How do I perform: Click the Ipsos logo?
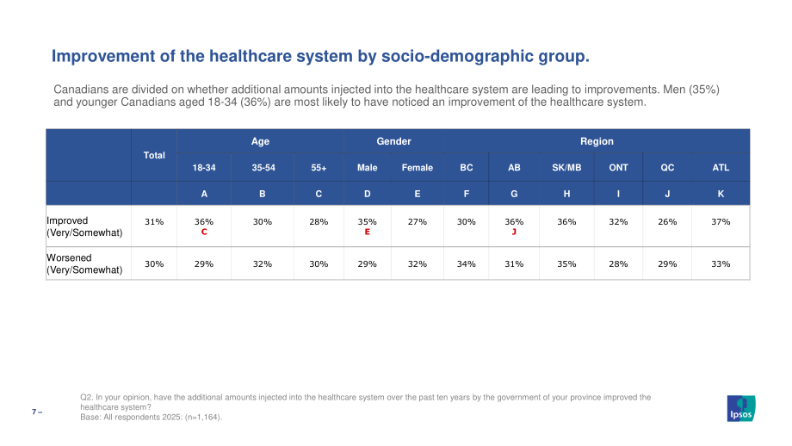click(741, 408)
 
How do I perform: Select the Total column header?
click(154, 155)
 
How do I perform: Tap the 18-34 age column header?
click(204, 168)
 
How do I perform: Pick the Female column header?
click(418, 168)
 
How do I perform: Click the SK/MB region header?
click(566, 168)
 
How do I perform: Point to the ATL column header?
click(721, 168)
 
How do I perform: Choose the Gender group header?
click(394, 141)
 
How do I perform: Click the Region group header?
click(597, 141)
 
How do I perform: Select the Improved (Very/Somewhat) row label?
click(84, 226)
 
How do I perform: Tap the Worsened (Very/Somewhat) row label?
click(84, 263)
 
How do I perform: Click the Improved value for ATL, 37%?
click(721, 222)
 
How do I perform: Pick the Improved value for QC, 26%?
click(667, 222)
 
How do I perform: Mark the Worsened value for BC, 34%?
click(467, 263)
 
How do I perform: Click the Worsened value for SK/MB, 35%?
click(566, 263)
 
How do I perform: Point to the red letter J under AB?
click(514, 232)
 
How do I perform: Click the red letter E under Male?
click(368, 232)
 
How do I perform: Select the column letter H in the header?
click(566, 194)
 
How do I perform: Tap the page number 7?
click(34, 412)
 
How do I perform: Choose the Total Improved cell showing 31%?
click(154, 222)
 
